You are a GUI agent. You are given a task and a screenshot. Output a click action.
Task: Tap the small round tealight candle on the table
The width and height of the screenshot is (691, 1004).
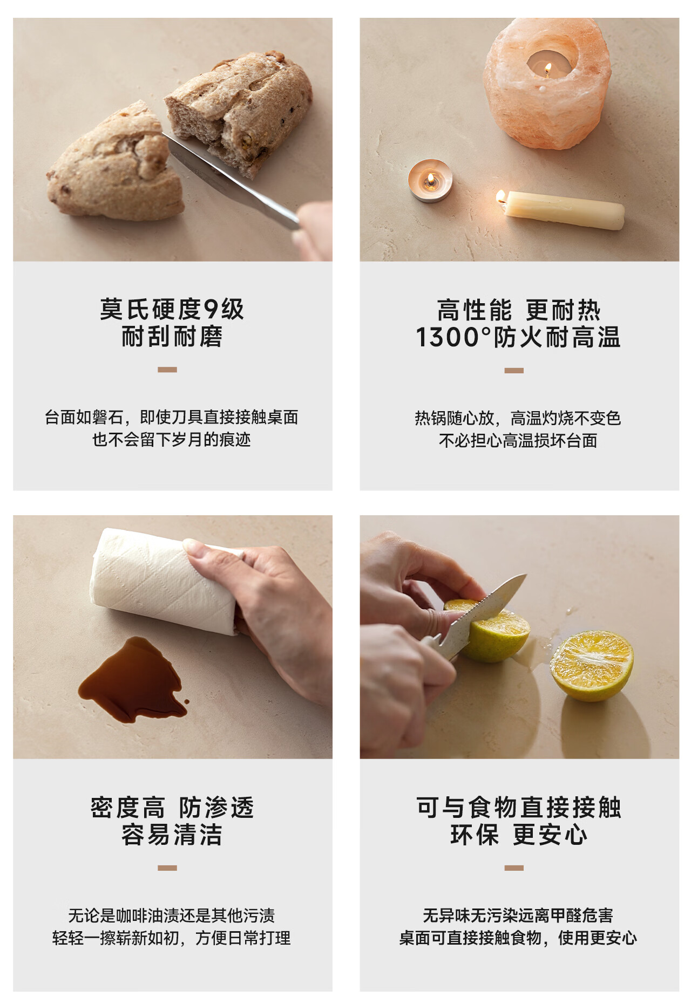(x=430, y=180)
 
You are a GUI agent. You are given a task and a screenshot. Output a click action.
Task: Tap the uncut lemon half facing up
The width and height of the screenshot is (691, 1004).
(x=592, y=665)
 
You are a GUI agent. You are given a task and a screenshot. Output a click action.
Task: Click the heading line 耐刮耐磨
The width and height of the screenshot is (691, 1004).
(x=172, y=337)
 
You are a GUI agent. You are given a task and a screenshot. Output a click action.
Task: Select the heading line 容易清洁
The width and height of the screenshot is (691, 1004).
(x=172, y=835)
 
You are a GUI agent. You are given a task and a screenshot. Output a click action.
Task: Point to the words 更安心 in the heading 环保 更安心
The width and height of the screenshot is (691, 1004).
(x=550, y=835)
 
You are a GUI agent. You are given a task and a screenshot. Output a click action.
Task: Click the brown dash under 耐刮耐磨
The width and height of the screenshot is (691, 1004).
(x=167, y=370)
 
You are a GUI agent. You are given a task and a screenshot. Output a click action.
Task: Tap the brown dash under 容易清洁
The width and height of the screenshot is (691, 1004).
(x=167, y=868)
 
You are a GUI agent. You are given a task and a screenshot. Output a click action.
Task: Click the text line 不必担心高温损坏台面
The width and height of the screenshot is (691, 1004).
(x=518, y=441)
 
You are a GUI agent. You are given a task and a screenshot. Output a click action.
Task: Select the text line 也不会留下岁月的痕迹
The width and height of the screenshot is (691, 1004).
(x=172, y=440)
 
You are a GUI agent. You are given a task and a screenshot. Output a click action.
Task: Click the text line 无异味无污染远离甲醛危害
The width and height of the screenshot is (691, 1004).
(x=518, y=915)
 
